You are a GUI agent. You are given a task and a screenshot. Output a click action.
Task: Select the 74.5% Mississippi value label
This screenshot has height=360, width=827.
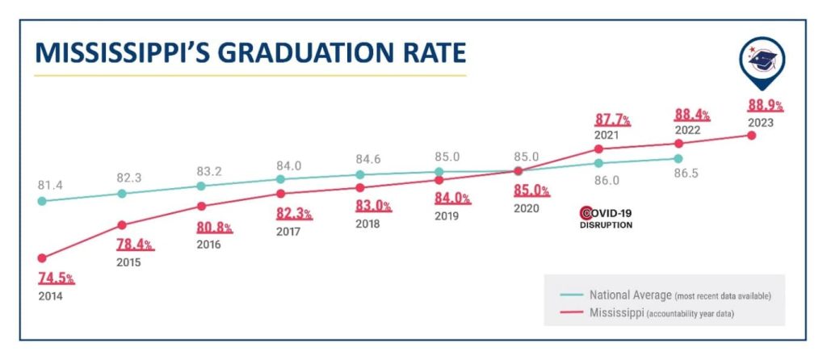tap(57, 278)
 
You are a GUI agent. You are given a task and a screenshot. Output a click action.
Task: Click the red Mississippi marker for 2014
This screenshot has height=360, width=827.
tap(42, 258)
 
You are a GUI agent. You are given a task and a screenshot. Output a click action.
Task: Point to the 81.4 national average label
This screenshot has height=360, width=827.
tap(49, 185)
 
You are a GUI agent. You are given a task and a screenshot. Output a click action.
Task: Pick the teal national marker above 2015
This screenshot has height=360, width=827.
tap(122, 194)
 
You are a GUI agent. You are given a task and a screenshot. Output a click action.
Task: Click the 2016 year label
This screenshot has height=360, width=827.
tap(208, 245)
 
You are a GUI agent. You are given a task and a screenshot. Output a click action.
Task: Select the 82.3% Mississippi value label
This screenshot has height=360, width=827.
tap(295, 214)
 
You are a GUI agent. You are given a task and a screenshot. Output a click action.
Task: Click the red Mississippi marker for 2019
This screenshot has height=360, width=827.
tap(439, 180)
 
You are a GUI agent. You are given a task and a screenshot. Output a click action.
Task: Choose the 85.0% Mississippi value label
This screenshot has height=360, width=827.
tap(531, 191)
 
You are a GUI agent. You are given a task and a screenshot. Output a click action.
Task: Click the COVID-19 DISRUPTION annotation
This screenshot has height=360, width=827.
tap(606, 218)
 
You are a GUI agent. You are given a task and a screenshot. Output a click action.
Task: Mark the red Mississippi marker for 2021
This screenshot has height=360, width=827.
tap(598, 149)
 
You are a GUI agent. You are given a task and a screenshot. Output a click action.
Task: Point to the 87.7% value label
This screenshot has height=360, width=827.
tap(612, 120)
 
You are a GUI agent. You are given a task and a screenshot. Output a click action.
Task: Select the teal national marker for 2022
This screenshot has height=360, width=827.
tap(678, 158)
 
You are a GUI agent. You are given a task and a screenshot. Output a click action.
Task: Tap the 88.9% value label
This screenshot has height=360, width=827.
tap(764, 106)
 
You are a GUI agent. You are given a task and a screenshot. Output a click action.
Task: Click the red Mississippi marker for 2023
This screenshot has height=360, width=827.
tap(752, 135)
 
